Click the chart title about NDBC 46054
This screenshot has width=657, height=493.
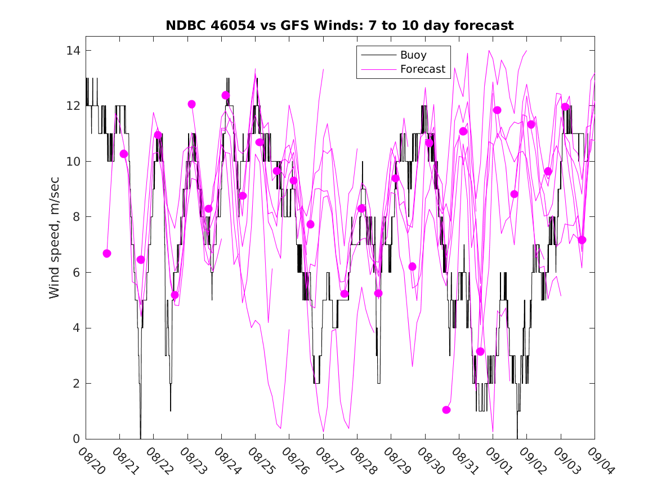click(x=339, y=25)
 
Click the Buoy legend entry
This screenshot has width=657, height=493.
click(x=413, y=55)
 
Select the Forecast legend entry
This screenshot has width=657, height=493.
click(x=422, y=69)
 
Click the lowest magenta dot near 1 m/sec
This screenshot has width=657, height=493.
click(x=446, y=410)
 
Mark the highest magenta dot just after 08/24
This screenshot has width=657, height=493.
click(x=226, y=95)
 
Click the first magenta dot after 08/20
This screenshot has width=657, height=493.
click(x=107, y=254)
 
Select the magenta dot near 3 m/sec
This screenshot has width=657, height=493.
click(x=480, y=352)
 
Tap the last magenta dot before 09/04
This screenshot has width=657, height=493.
click(x=582, y=240)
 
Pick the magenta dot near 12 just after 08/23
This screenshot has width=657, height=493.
click(x=191, y=104)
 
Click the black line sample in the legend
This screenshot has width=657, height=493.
click(x=377, y=55)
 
